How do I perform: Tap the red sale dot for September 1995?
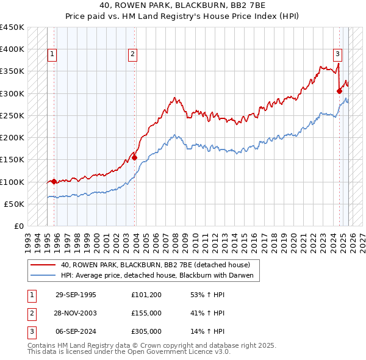tap(54, 181)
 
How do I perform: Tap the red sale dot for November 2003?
tap(135, 157)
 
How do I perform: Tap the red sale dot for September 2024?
tap(339, 91)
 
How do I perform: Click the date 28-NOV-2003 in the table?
tap(76, 313)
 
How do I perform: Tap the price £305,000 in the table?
tap(146, 331)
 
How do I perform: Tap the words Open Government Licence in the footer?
tap(171, 352)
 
